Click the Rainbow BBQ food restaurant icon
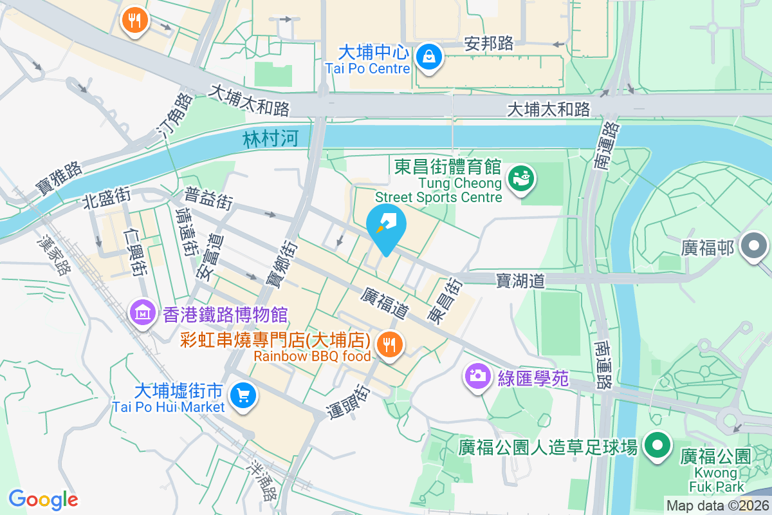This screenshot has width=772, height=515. click(389, 344)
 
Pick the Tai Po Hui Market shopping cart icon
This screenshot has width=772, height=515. click(243, 395)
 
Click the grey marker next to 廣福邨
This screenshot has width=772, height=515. click(754, 247)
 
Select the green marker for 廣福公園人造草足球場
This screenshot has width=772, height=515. click(657, 446)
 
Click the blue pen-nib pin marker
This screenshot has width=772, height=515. click(386, 227)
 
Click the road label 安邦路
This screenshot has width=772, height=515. click(489, 43)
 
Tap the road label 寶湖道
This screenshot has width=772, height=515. click(520, 280)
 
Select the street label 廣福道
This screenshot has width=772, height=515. click(385, 303)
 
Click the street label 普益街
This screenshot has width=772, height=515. click(208, 199)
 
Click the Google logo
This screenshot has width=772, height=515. click(43, 500)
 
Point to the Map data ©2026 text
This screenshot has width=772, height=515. click(717, 505)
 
